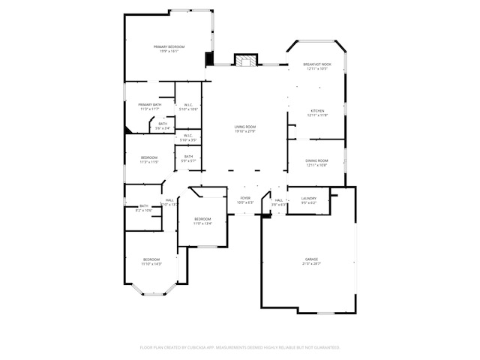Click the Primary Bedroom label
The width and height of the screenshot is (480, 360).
[169, 47]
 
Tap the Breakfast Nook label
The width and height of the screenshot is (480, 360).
[317, 65]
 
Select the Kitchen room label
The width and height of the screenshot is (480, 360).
[317, 111]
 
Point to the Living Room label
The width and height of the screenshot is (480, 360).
[244, 127]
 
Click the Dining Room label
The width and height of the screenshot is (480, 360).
[316, 160]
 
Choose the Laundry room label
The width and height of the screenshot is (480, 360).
[308, 198]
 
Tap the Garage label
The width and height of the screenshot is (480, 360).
[310, 259]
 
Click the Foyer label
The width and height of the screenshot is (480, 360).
[245, 198]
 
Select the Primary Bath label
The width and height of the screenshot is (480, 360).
[149, 105]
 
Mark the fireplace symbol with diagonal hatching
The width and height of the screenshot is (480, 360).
[245, 61]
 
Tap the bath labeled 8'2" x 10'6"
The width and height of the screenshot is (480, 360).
[144, 208]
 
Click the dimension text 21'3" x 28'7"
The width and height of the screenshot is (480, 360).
[310, 264]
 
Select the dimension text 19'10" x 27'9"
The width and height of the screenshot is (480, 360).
[244, 131]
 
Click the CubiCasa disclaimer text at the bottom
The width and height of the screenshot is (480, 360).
[240, 347]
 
